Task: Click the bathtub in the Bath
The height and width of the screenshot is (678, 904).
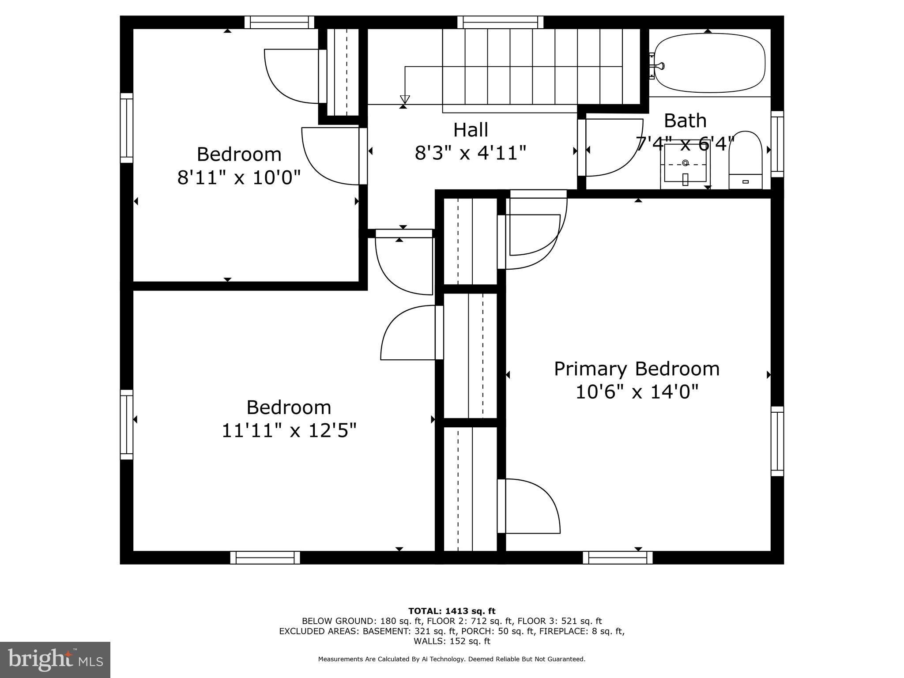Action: (x=709, y=64)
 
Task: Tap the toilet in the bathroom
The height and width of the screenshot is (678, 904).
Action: (x=745, y=161)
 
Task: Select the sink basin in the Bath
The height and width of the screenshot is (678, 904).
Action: (x=685, y=163)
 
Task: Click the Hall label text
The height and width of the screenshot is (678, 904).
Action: (x=471, y=130)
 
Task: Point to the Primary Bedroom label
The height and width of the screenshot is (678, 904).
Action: (x=637, y=369)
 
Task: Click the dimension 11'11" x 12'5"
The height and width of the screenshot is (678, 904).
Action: (x=289, y=430)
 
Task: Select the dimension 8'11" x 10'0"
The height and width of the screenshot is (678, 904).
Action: (x=239, y=178)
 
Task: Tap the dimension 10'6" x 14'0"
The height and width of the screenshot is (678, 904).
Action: (x=637, y=392)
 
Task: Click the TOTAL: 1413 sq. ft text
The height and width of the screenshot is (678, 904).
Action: (x=452, y=611)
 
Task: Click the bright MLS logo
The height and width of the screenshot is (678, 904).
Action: (x=55, y=659)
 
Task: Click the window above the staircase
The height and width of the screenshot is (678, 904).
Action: (x=500, y=22)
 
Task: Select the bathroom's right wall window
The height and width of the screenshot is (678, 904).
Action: (x=777, y=144)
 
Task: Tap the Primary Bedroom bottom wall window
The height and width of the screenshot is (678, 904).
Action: (x=618, y=557)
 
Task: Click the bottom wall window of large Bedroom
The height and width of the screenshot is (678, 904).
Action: (x=265, y=557)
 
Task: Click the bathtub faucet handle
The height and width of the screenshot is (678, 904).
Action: (x=660, y=66)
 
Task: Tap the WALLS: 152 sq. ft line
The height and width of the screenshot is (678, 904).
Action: (x=452, y=641)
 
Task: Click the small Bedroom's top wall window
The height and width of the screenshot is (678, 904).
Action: (x=279, y=22)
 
